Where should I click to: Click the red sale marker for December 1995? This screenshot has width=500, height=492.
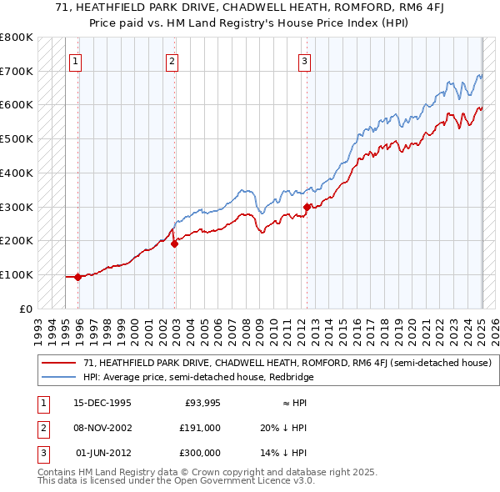click(x=77, y=277)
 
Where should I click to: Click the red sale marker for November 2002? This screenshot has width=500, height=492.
click(x=174, y=243)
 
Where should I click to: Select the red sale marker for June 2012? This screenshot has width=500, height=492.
click(x=307, y=207)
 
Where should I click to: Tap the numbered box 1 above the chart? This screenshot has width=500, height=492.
click(x=75, y=60)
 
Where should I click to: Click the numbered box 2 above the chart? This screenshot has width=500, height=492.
click(x=171, y=60)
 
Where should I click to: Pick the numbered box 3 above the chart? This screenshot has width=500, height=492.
click(x=304, y=60)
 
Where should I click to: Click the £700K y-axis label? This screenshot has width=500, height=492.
click(x=17, y=71)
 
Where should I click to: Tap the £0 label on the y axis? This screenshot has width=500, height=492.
click(x=25, y=309)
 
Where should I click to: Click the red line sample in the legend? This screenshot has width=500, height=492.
click(x=58, y=363)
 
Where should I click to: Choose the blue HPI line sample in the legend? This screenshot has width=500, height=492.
click(x=58, y=376)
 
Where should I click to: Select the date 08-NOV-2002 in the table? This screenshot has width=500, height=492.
click(x=102, y=428)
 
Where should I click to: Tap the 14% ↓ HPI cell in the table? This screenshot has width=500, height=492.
click(x=283, y=453)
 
